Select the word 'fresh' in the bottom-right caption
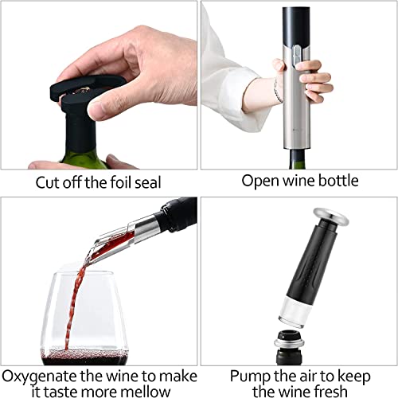(x=328, y=391)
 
